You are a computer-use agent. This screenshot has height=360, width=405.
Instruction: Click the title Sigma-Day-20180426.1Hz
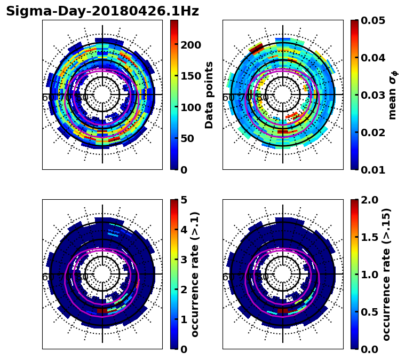[102, 11]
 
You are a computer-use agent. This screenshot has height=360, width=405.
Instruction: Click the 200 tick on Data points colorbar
[191, 44]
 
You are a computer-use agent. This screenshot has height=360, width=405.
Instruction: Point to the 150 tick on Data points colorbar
[191, 76]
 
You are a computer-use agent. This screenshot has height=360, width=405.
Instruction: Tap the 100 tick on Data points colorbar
[191, 107]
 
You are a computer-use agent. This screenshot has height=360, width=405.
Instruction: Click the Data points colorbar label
[210, 95]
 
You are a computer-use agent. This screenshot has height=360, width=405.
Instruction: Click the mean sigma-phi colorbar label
[393, 95]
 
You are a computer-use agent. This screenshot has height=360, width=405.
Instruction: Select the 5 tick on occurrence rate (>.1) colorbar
[184, 200]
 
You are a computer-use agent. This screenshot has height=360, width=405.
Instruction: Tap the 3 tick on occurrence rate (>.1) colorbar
[184, 260]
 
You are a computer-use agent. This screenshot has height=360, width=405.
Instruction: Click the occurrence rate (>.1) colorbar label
[195, 274]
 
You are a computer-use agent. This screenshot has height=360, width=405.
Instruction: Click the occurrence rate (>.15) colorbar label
[386, 274]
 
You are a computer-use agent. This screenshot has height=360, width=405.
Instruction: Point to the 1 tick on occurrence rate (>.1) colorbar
[184, 319]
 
